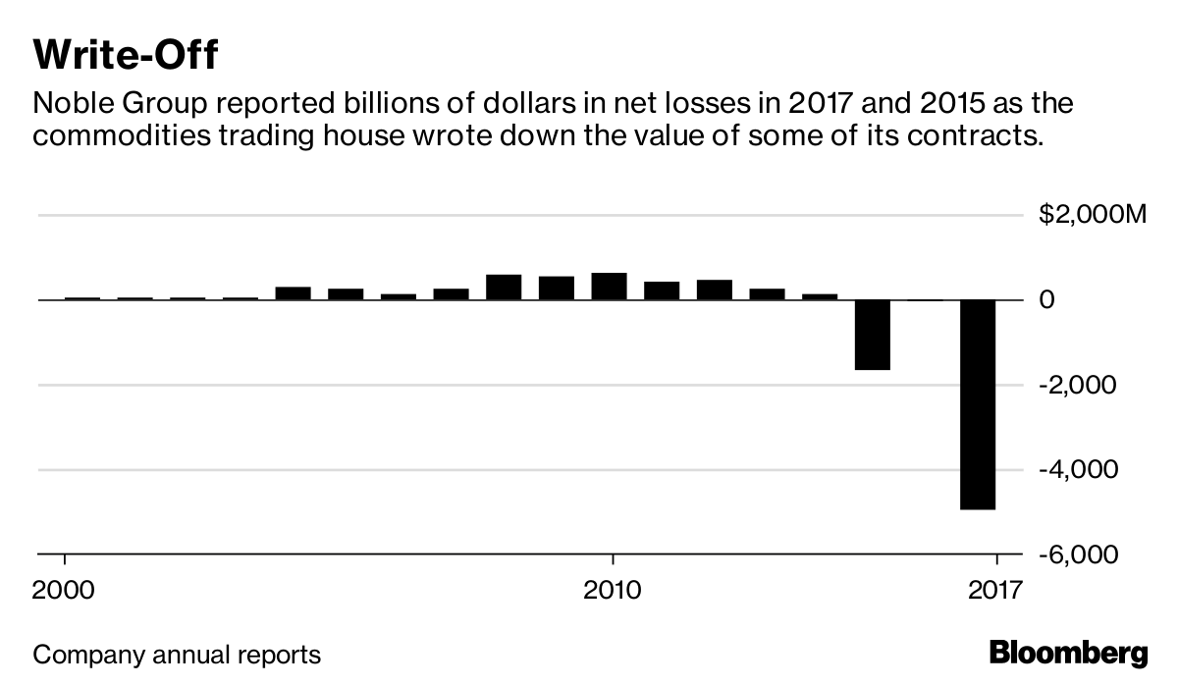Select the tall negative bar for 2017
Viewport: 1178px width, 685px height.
(978, 403)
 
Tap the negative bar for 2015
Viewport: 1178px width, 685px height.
(873, 335)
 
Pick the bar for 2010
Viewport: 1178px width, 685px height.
(609, 287)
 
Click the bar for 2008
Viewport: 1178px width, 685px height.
(504, 288)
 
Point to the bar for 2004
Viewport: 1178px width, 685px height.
(293, 293)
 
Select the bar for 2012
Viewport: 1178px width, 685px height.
(715, 290)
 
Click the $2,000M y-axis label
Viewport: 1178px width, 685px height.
(1092, 215)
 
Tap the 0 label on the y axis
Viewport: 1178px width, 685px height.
(1047, 300)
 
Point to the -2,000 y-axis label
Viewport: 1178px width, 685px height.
(1077, 385)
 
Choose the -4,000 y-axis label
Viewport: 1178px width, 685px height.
(1077, 470)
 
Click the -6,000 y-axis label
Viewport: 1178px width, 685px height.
(1077, 555)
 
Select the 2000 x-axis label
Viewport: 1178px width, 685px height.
(65, 591)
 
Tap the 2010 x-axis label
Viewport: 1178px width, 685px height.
(613, 591)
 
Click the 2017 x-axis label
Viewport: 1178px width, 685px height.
(995, 591)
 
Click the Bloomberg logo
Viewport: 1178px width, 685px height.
(1068, 653)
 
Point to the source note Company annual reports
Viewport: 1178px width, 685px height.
(178, 654)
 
